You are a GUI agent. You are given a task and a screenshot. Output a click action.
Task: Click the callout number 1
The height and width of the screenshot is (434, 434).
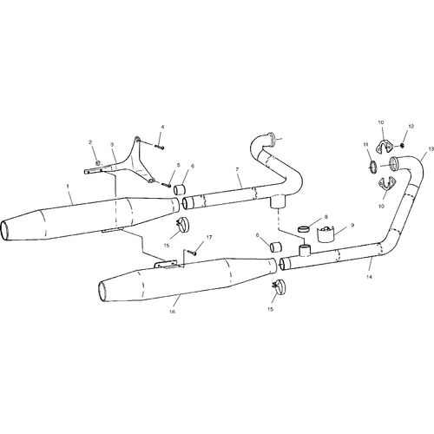[x=68, y=186]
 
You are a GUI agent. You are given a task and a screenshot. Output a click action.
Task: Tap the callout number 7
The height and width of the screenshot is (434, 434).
[x=237, y=169]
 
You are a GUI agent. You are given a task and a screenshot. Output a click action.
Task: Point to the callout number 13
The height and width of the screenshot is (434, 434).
[x=431, y=149]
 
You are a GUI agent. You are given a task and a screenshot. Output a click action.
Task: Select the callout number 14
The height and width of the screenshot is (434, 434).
[x=369, y=277]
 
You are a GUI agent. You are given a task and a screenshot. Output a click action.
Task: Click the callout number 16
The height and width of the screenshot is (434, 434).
[x=173, y=312]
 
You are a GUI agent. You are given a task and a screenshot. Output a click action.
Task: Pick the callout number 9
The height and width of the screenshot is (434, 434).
[x=352, y=225]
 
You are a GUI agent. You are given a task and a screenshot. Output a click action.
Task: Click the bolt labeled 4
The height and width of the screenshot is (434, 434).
[x=160, y=147]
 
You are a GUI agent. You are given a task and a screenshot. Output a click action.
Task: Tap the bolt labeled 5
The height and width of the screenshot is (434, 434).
[x=167, y=184]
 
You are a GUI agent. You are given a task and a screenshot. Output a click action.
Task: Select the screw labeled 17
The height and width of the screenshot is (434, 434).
[x=192, y=253]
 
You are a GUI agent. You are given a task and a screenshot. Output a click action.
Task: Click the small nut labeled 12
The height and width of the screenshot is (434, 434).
[x=402, y=145]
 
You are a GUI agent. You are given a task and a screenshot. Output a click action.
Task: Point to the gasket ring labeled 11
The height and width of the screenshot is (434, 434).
[x=373, y=168]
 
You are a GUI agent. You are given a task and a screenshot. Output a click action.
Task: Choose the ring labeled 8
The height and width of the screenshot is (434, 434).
[x=303, y=229]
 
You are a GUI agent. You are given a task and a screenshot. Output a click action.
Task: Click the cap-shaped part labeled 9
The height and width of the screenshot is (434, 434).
[x=326, y=233]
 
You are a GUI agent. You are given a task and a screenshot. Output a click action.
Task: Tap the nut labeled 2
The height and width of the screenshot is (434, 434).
[x=98, y=162]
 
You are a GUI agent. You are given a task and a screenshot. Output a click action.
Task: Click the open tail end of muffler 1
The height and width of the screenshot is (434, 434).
[x=4, y=230]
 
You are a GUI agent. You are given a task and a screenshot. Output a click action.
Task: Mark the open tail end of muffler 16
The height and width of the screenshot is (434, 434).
[x=102, y=292]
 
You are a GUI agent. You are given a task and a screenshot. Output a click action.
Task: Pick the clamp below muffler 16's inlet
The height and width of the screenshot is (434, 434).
[x=279, y=286]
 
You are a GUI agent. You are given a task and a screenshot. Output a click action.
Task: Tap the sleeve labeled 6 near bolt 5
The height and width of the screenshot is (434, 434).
[x=180, y=189]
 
